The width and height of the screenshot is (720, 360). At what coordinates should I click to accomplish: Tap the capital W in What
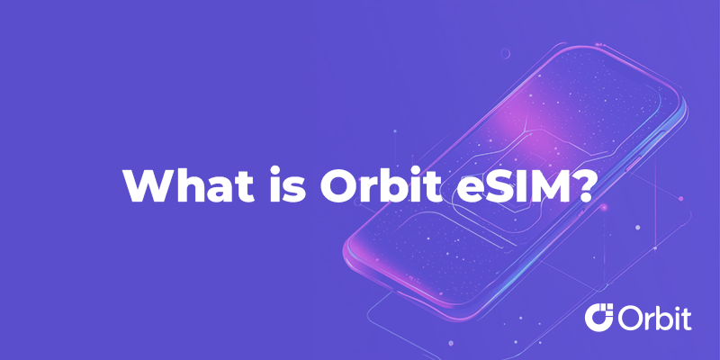148,185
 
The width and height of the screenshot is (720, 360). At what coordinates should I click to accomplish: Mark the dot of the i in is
275,170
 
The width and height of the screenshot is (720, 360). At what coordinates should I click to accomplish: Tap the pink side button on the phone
634,164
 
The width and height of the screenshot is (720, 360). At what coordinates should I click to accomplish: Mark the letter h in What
188,184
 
